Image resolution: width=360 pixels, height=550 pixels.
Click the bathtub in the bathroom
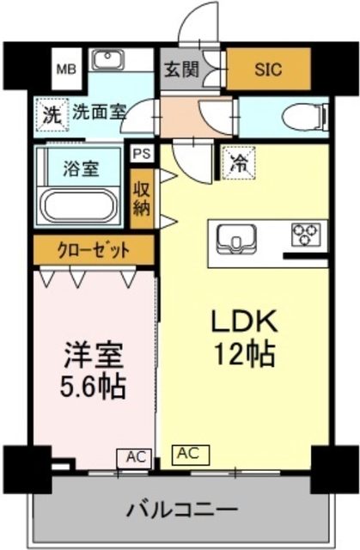pos(82,206)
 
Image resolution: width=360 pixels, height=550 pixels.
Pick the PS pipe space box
pos(141,153)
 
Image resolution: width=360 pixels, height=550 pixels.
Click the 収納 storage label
pos(141,196)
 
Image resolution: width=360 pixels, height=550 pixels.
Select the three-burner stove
pos(306,235)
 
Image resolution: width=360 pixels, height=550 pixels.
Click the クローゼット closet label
pos(95,251)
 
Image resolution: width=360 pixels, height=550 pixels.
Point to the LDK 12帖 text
pos(245,337)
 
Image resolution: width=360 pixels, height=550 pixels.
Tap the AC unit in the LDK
pos(190,452)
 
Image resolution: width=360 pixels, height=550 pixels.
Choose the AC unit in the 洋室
pos(135,458)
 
